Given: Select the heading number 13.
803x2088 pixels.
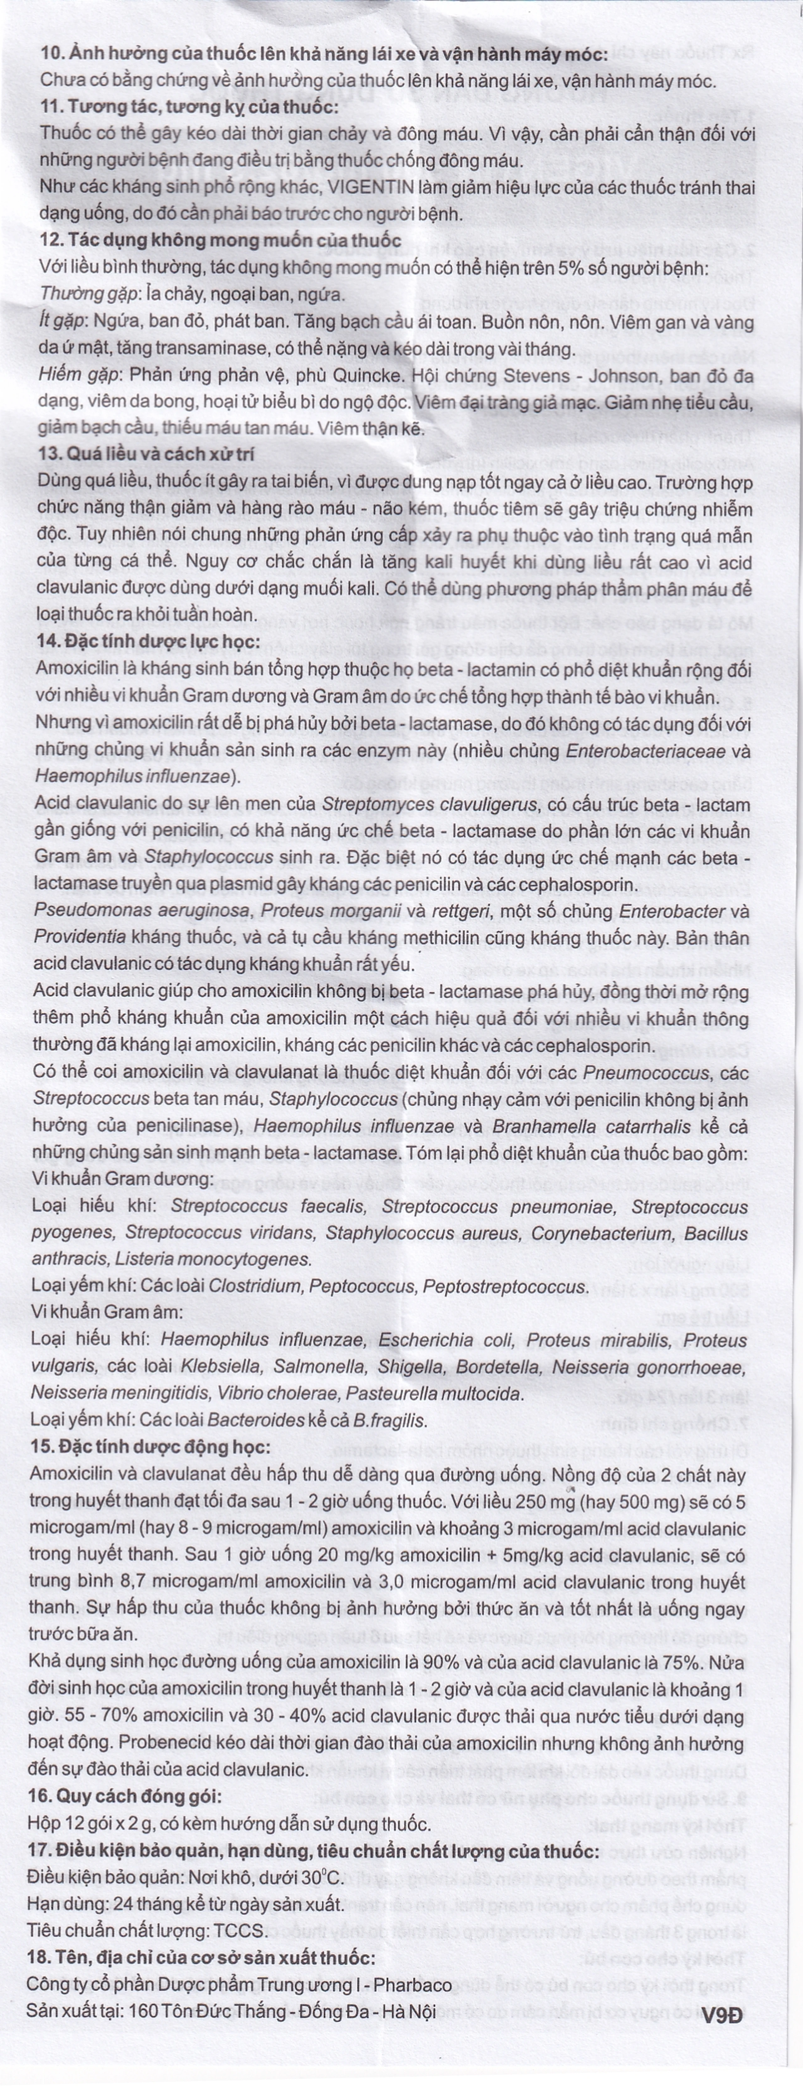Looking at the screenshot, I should point(50,455).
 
